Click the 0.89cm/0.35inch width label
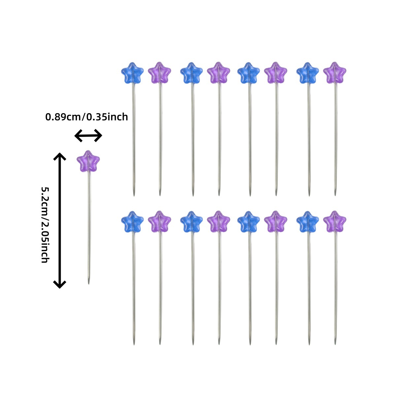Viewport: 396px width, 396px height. pos(86,117)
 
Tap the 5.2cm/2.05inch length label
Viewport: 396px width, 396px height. pos(45,225)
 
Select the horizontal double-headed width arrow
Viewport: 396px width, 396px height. pos(88,136)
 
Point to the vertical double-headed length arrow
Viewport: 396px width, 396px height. pos(60,220)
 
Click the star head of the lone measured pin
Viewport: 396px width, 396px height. pos(88,161)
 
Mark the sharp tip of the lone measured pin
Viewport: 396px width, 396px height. pos(88,283)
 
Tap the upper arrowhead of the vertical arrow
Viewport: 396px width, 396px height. pos(60,155)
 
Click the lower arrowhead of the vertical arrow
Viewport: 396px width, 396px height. pos(60,284)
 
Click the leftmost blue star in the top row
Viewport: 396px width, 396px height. pos(132,73)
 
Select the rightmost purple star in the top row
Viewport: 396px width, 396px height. pos(335,73)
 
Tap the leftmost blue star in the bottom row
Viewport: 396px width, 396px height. pos(132,221)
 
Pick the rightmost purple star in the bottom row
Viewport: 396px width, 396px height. pos(335,221)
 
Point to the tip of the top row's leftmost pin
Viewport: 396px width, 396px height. pos(134,195)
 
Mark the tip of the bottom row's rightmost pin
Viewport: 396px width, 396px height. pos(336,344)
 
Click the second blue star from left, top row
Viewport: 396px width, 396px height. pos(192,73)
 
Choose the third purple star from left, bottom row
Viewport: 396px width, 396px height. pos(275,221)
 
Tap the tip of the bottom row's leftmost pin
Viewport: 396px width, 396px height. pos(134,344)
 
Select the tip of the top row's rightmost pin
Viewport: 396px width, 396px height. pos(336,195)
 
